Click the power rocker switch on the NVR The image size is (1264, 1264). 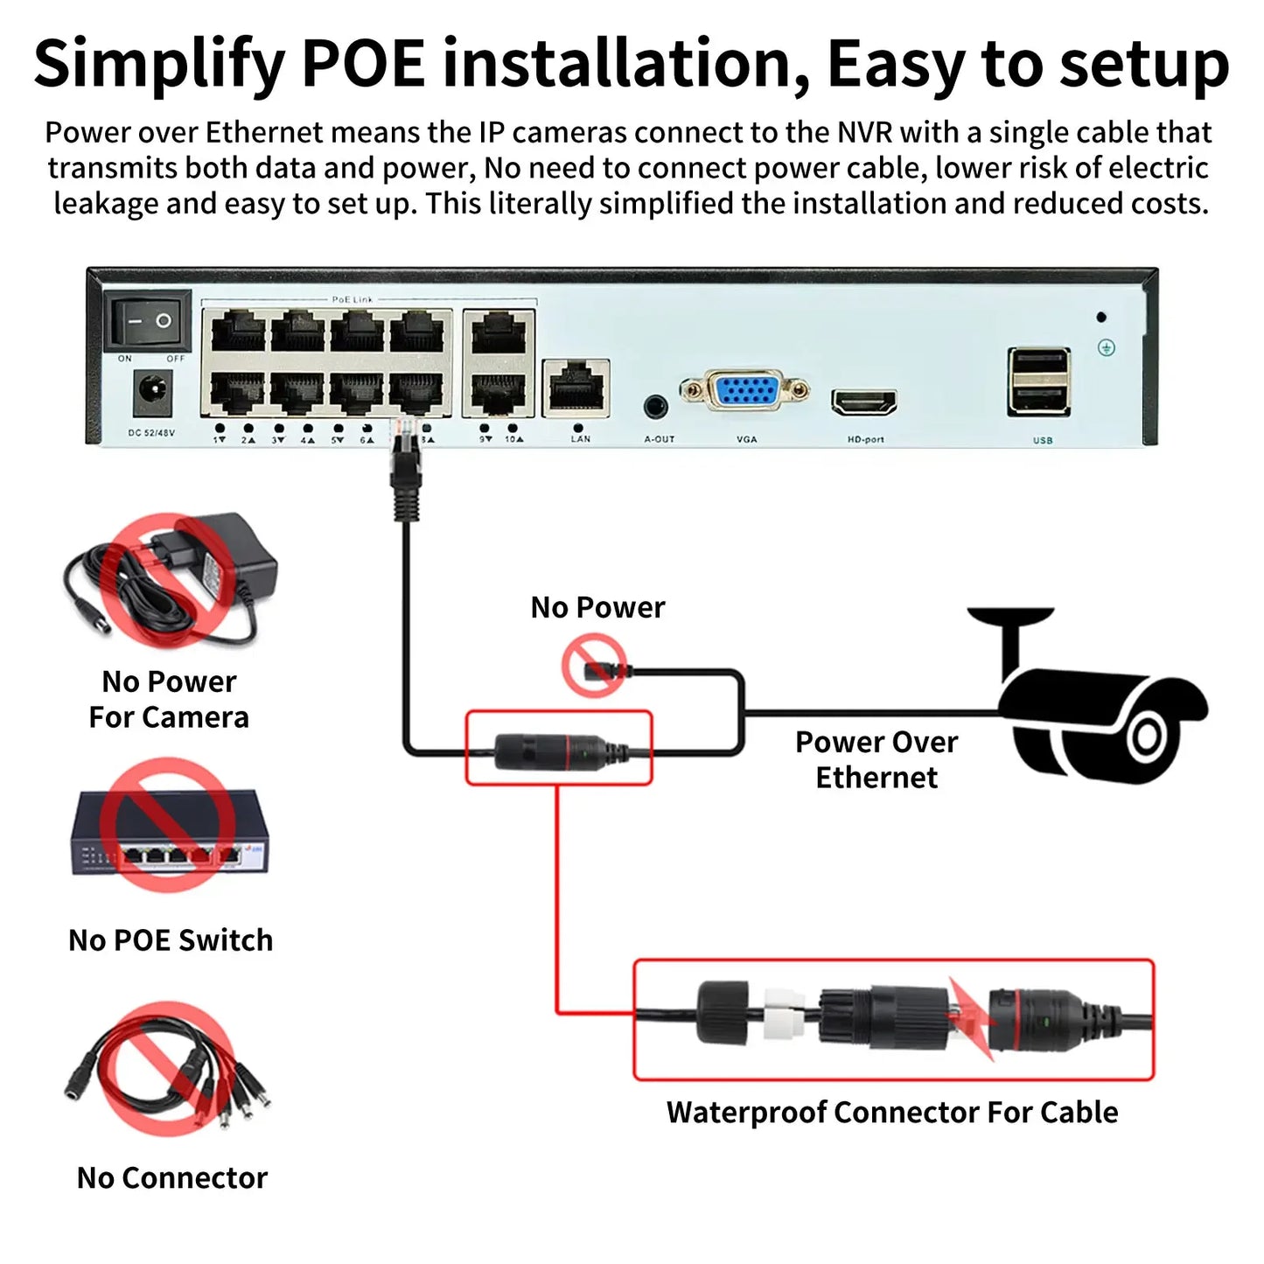[148, 321]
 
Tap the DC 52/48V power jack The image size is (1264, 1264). [152, 394]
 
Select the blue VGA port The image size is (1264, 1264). [745, 389]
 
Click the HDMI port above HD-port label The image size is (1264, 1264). [864, 402]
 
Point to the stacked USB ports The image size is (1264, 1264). [1039, 381]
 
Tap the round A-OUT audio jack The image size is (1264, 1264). [655, 406]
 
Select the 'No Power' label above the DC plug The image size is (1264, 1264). [597, 607]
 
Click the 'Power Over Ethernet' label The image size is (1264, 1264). [876, 759]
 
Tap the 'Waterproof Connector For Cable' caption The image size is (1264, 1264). [892, 1112]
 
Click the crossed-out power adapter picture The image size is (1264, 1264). [171, 579]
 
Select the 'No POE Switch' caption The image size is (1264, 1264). [171, 940]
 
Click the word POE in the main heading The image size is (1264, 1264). [362, 64]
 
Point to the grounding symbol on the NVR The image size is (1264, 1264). [1106, 348]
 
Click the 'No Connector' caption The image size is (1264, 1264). [171, 1178]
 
